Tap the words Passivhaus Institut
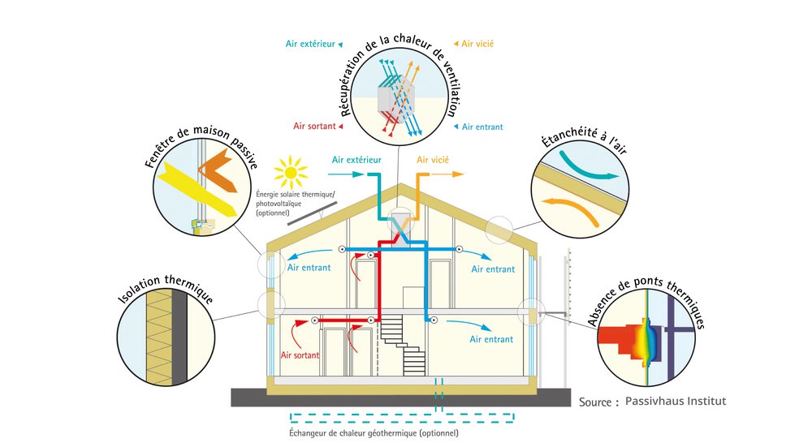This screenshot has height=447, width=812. (x=676, y=401)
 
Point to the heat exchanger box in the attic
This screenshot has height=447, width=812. (x=397, y=221)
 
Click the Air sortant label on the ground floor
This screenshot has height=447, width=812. (x=300, y=355)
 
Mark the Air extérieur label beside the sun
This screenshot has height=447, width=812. (x=356, y=160)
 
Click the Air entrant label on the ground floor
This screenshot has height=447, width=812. (x=492, y=339)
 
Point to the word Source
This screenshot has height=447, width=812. (x=599, y=402)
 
